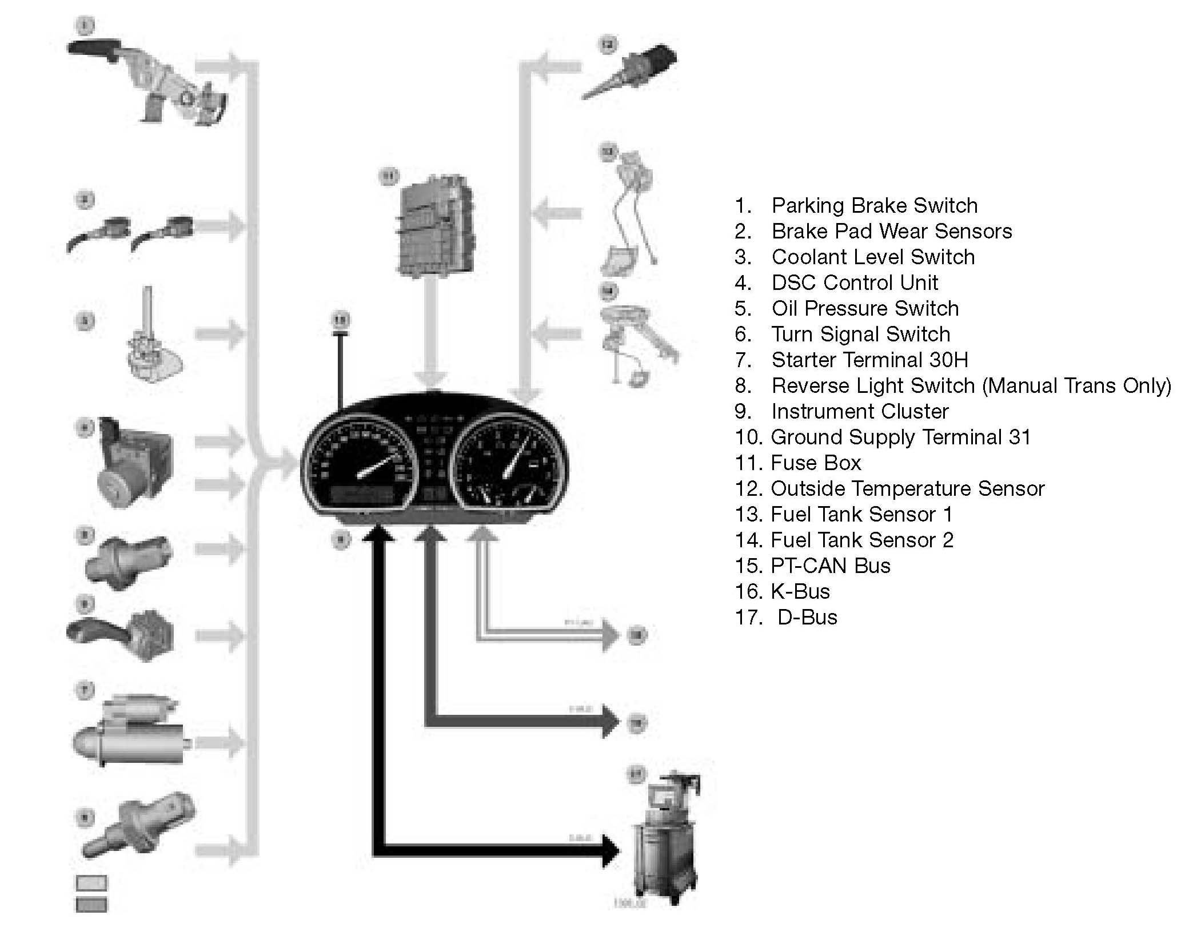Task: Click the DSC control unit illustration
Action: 134,463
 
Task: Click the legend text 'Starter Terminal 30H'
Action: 869,360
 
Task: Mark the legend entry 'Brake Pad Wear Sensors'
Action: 891,231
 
